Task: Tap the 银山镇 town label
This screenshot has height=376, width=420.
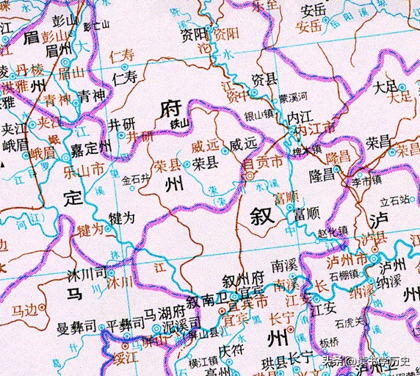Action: pos(259,114)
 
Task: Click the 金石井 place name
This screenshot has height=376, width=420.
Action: pos(136,178)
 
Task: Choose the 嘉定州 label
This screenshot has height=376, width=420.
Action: pos(92,148)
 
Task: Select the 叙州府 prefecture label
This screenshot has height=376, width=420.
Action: pos(243,279)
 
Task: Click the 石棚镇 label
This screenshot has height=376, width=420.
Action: pos(344,277)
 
